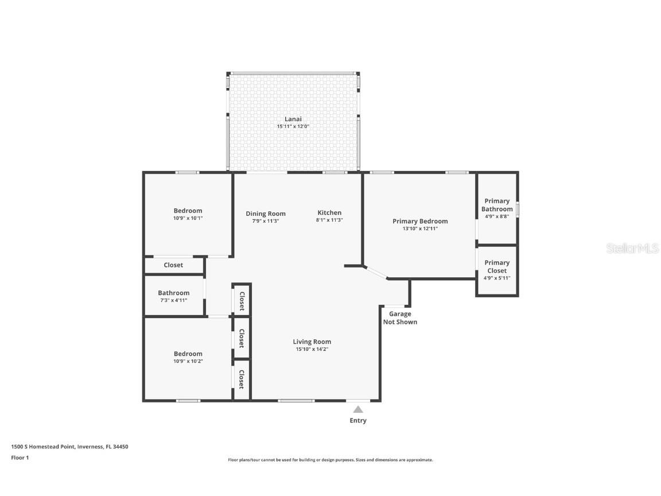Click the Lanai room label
coord(293,119)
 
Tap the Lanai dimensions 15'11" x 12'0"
coord(293,126)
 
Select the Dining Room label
coord(266,214)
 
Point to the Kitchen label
coord(329,212)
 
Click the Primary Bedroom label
coord(420,221)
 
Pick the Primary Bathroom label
coord(497,205)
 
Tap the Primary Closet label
coord(497,266)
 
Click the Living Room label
coord(312,342)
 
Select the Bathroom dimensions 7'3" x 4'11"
coord(173,300)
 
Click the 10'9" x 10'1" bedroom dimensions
coord(188,218)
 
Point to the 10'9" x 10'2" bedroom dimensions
coord(188,361)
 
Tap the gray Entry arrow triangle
coord(358,409)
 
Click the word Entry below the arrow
coord(358,421)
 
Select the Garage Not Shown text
coord(400,318)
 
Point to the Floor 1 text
coord(20,458)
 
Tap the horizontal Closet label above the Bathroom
coord(173,265)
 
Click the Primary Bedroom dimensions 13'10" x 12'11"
coord(420,228)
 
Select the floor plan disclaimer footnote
coord(330,460)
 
